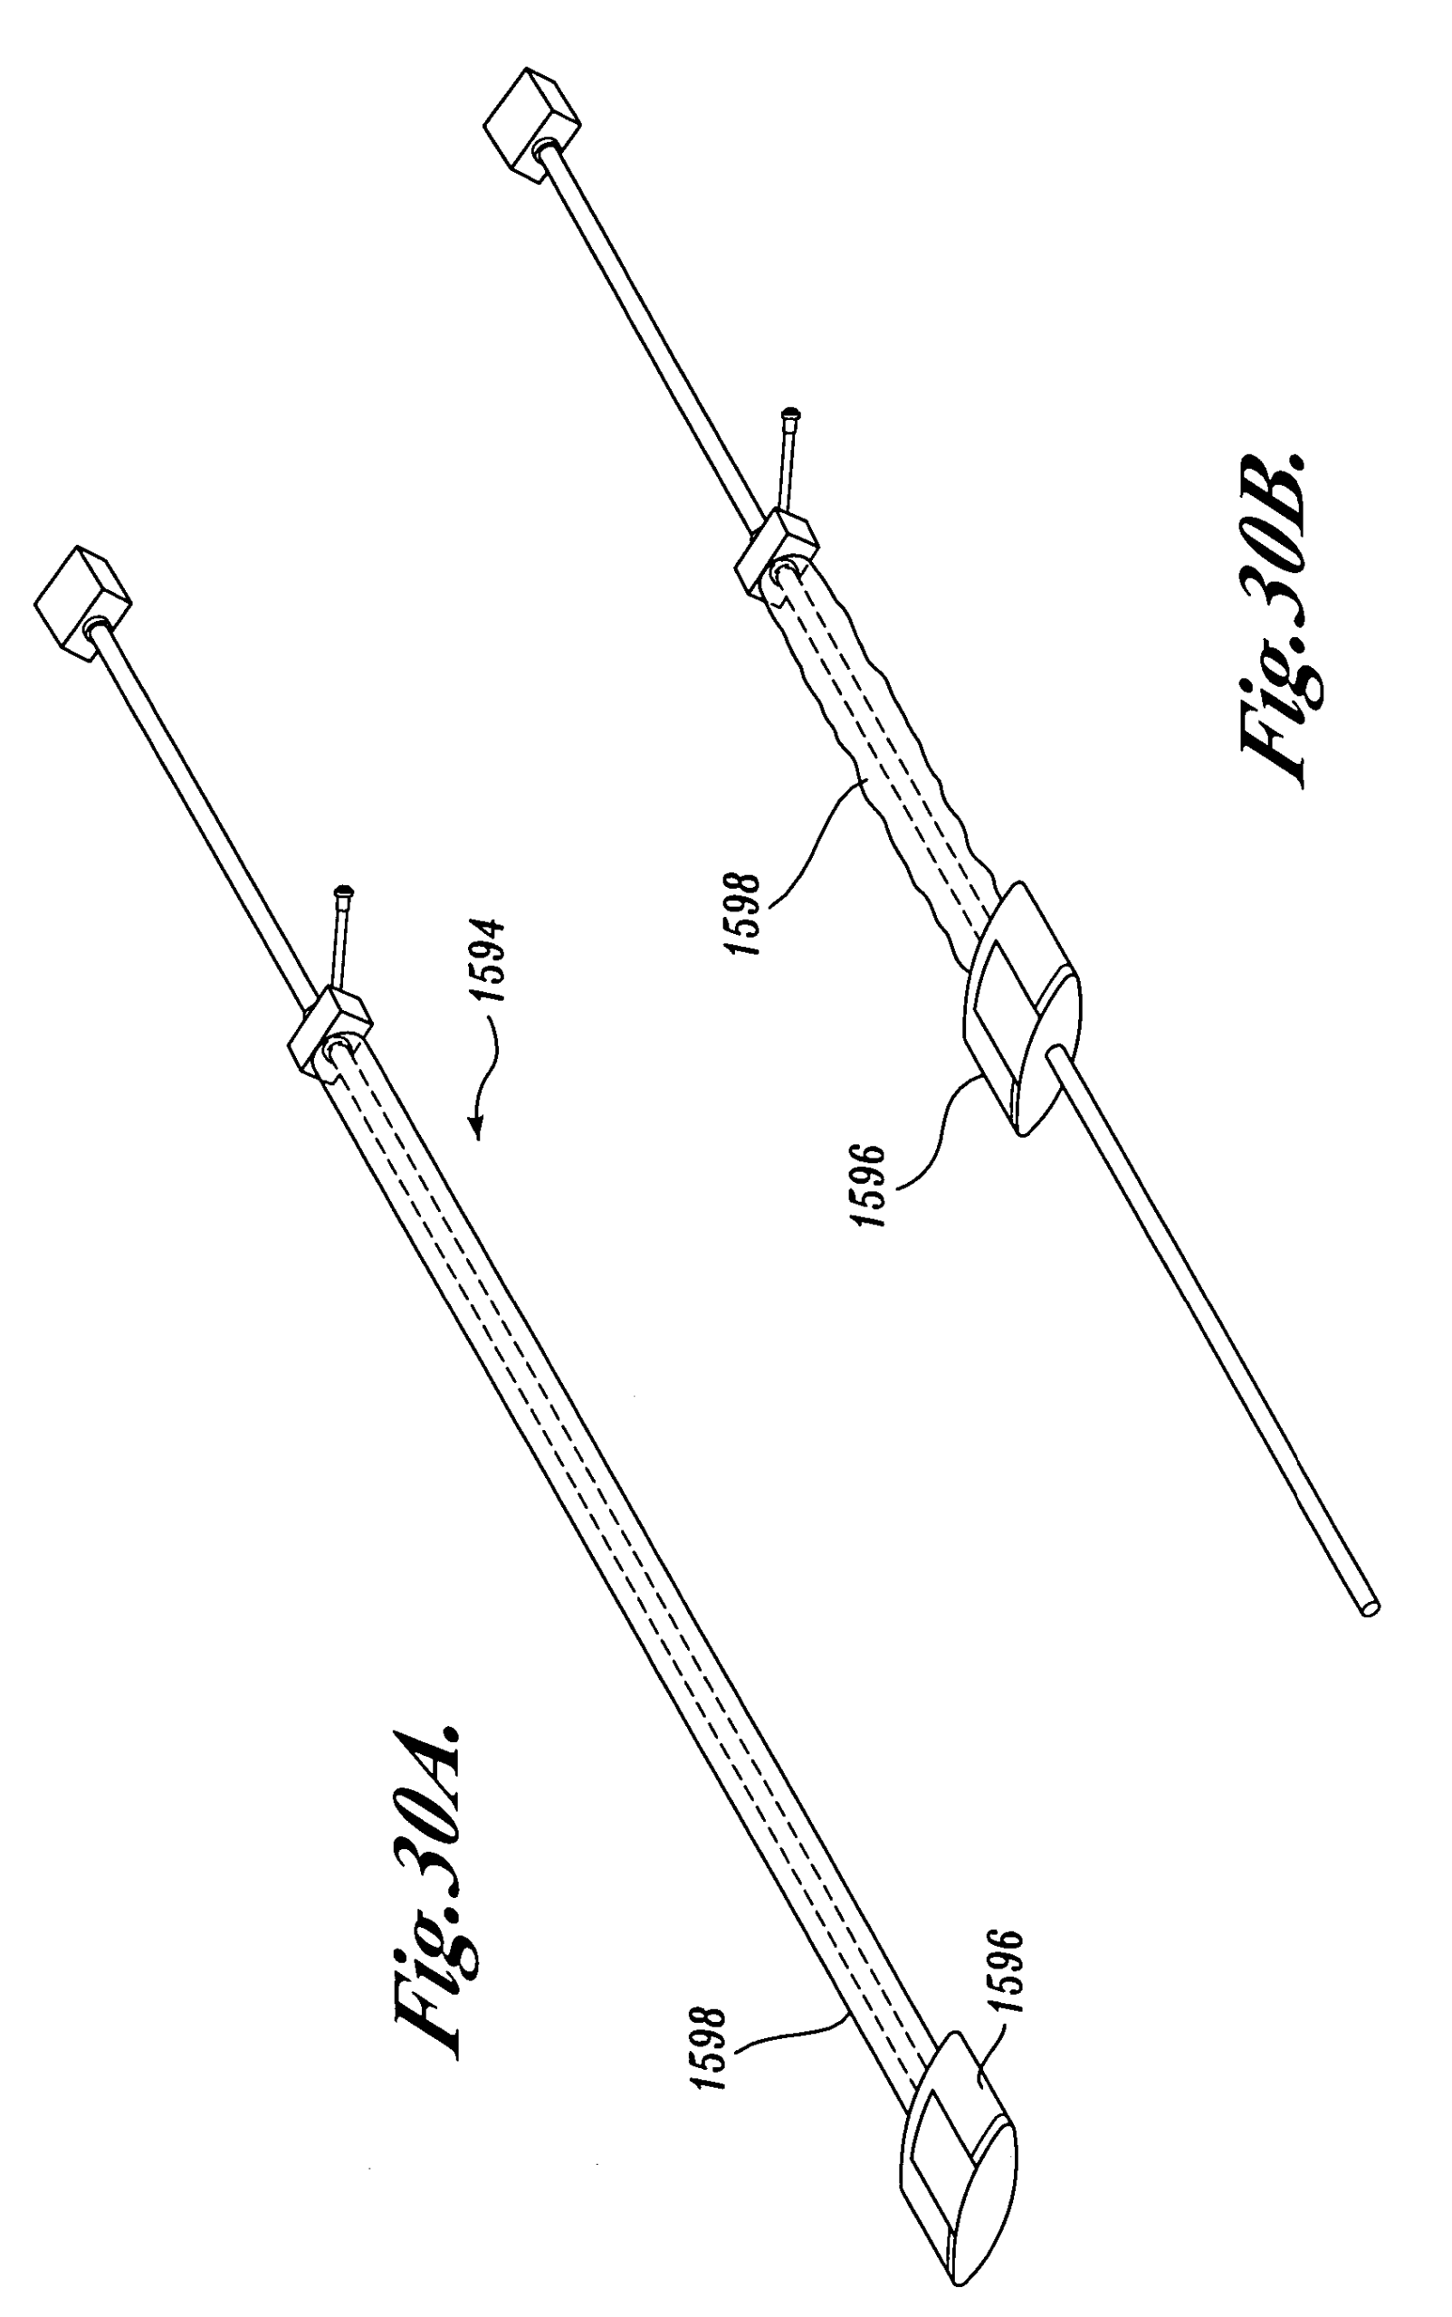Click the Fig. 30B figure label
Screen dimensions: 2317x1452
1279,619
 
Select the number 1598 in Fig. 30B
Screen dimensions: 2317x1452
745,912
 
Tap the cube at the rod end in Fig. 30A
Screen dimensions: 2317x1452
82,602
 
